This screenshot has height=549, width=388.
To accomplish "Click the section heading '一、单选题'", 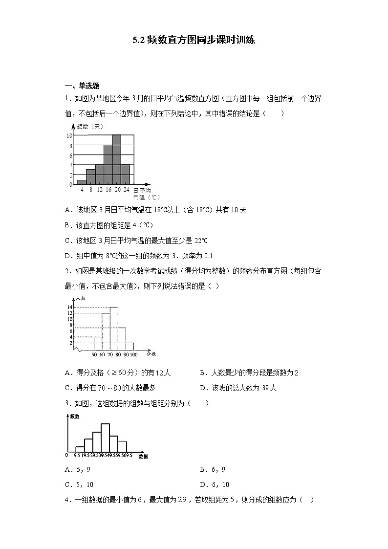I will click(x=82, y=86).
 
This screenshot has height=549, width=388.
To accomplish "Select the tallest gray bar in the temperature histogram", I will click(x=116, y=159).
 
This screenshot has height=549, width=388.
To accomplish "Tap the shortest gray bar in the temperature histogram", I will click(x=82, y=182).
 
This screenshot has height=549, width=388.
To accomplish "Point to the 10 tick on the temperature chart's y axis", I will click(x=69, y=135).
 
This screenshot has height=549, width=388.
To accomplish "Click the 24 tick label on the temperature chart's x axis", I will click(x=126, y=190).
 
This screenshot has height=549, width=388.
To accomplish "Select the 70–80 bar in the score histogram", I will click(x=114, y=329).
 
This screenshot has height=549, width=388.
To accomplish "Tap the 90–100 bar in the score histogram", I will click(x=129, y=346).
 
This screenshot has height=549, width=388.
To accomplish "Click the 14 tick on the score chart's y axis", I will click(x=70, y=307).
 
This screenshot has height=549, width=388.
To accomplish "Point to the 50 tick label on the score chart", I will click(x=94, y=354).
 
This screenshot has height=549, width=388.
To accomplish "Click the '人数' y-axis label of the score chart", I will click(x=80, y=298).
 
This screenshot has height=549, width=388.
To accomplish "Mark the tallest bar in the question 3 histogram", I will click(x=105, y=437).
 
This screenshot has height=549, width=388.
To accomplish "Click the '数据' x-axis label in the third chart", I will click(x=143, y=456).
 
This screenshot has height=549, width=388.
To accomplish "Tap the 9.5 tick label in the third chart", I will click(x=77, y=455).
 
